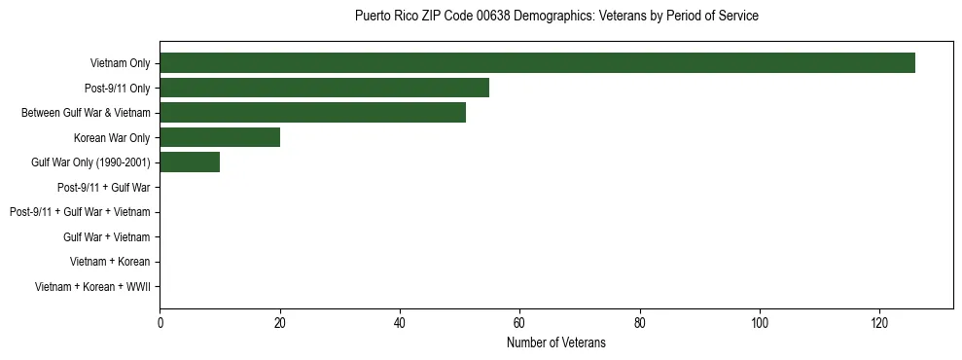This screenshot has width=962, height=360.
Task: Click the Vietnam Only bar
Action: [537, 63]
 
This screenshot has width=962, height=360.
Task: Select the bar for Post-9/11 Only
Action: [324, 88]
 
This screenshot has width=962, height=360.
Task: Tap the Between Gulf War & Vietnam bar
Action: [312, 113]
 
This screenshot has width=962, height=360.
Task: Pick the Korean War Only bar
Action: [220, 137]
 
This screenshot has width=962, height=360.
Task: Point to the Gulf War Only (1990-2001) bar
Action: [190, 162]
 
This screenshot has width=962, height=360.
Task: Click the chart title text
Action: [556, 17]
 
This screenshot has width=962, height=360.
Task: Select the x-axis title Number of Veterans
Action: [556, 342]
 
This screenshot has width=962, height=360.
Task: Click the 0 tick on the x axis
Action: [160, 323]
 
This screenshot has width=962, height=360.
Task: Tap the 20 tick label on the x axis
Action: [280, 323]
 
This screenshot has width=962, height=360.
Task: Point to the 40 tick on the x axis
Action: [400, 323]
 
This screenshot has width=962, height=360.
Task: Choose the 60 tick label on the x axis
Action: [519, 323]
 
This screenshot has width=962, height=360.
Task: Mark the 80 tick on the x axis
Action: [640, 323]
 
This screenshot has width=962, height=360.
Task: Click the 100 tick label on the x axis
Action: [760, 323]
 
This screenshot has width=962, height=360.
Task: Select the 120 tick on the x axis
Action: [879, 323]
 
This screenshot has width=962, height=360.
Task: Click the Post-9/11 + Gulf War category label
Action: [103, 187]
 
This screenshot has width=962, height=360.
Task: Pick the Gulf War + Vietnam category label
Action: [107, 236]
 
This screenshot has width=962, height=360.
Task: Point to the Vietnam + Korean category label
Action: [110, 262]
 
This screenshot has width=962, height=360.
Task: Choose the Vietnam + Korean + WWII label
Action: [92, 286]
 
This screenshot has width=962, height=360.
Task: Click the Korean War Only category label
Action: [112, 137]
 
